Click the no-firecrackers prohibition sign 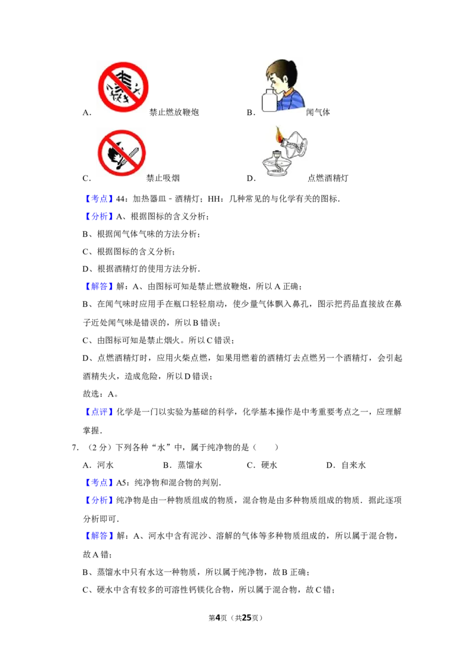123,85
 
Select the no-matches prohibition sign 121,152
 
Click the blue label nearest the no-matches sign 99,199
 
